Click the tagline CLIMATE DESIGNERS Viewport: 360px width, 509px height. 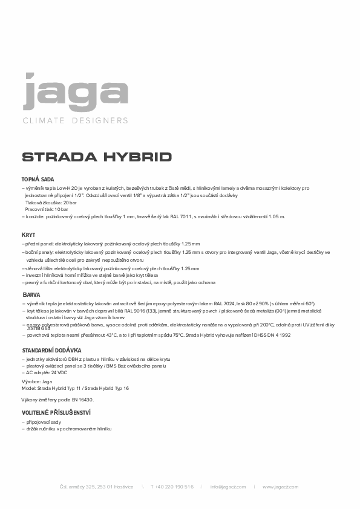[x=75, y=120]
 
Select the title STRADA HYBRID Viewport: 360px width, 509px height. [x=97, y=157]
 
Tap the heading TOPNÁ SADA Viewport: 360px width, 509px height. [x=38, y=180]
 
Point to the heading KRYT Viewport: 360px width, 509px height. [x=28, y=235]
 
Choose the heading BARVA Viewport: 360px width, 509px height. [x=31, y=294]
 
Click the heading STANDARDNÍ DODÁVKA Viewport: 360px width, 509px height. [x=51, y=351]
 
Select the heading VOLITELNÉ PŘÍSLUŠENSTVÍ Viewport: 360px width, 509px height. [x=56, y=412]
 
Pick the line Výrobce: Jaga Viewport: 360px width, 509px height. [x=37, y=382]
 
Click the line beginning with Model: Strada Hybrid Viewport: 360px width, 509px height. [x=75, y=389]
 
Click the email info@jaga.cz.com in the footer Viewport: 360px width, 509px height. [x=228, y=487]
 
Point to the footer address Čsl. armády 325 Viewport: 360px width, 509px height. [x=97, y=487]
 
